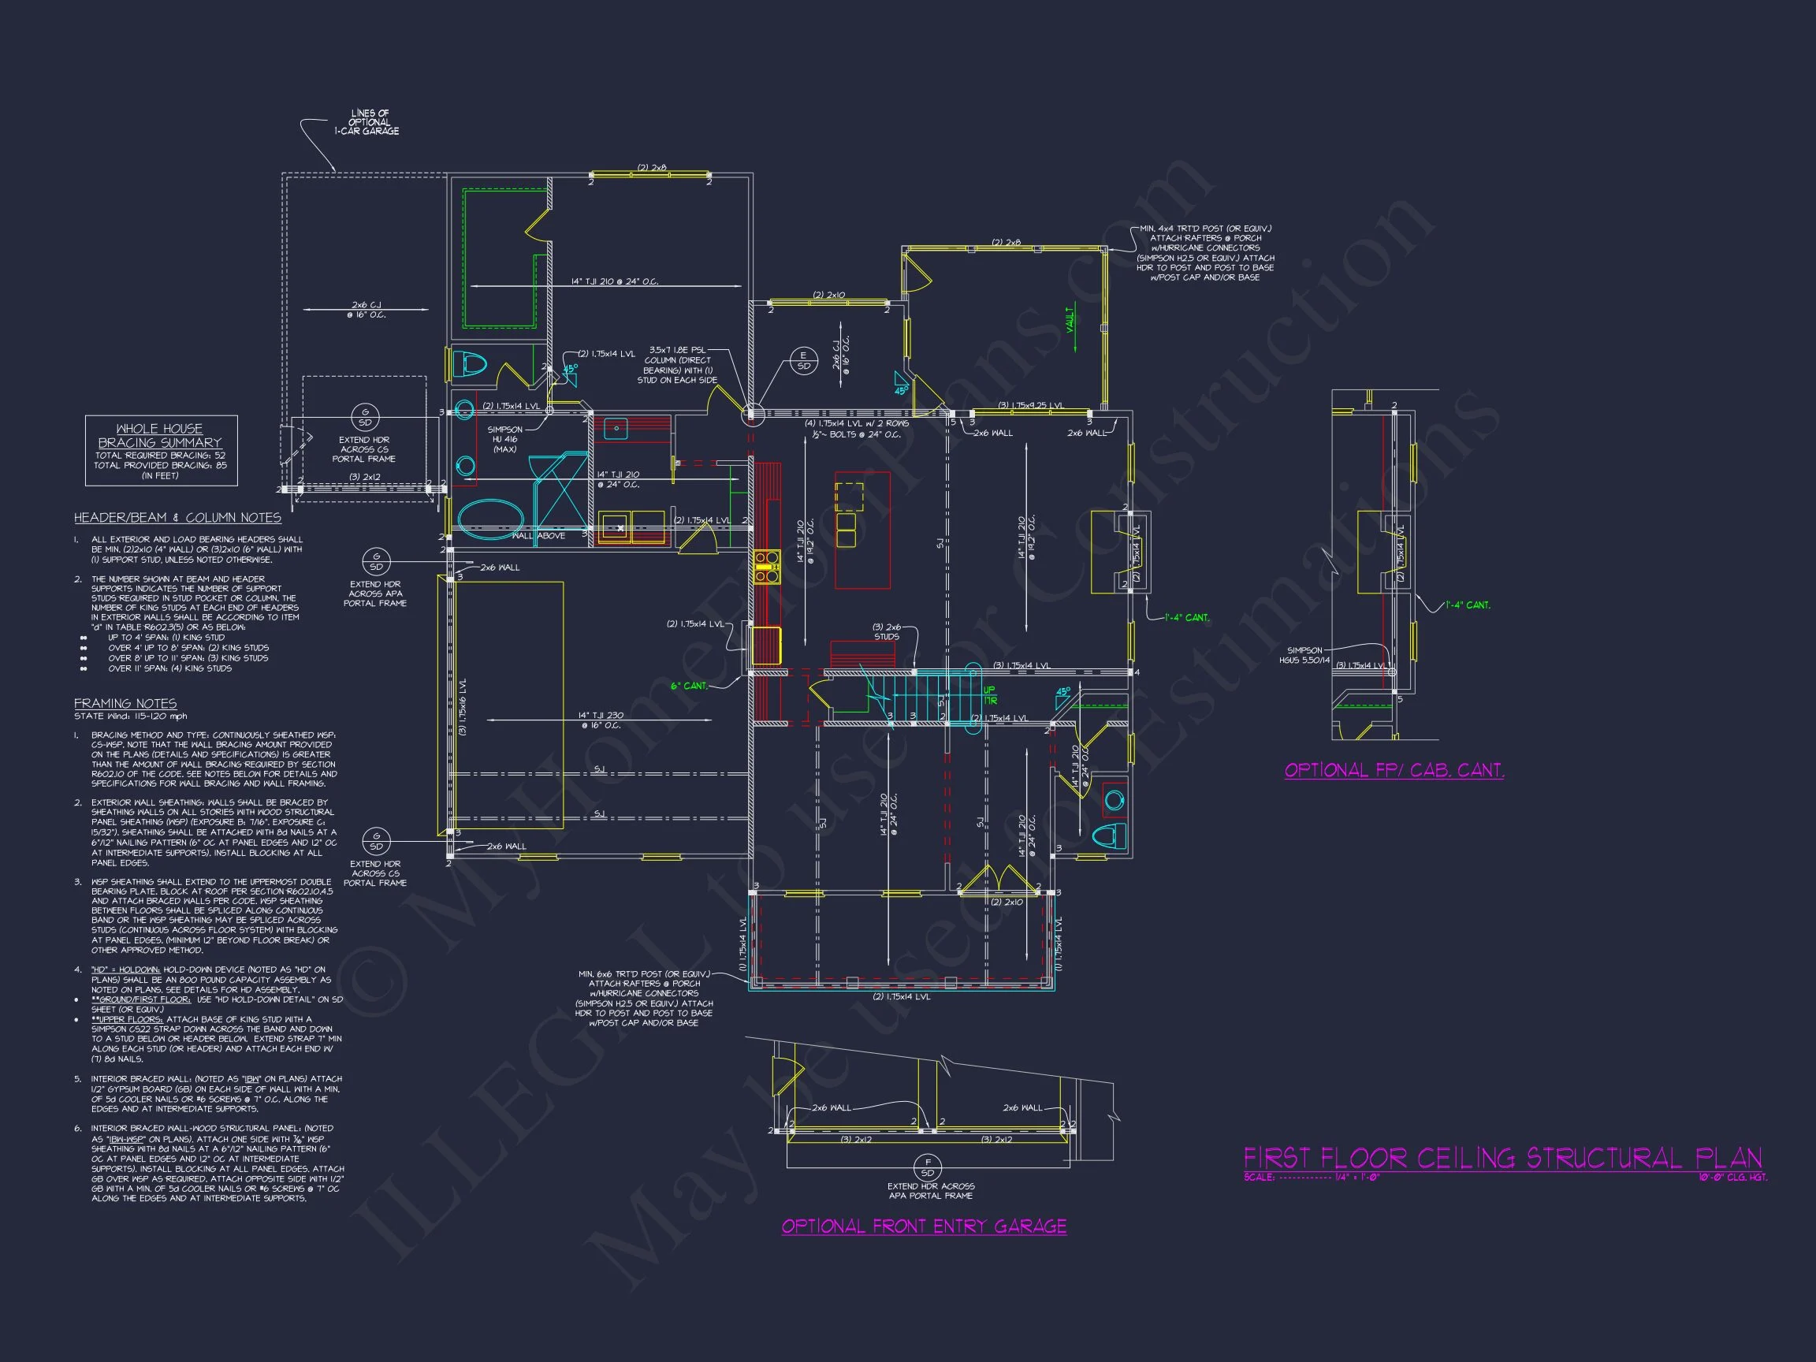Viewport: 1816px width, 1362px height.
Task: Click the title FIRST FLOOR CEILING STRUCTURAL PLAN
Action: click(1502, 1159)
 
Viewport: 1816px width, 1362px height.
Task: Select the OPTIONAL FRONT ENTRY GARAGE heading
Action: click(924, 1226)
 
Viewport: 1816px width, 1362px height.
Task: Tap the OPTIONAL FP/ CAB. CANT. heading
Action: click(1394, 770)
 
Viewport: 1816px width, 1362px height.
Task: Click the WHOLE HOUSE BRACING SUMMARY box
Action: click(161, 451)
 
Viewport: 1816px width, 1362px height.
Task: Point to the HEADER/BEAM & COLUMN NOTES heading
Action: click(177, 518)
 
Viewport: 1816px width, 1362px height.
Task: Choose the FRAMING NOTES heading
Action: click(125, 704)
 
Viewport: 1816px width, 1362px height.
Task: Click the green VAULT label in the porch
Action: click(1070, 319)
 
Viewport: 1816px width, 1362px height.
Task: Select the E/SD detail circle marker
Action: click(804, 360)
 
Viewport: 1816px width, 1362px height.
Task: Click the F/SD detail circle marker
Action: click(928, 1167)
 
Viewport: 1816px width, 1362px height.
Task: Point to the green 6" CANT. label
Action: click(689, 686)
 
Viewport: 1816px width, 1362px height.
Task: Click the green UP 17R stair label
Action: click(989, 694)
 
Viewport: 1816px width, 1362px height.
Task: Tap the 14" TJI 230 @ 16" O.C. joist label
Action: click(599, 720)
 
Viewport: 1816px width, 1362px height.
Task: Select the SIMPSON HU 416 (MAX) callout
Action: click(504, 439)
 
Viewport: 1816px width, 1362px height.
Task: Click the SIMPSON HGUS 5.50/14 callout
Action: click(1304, 655)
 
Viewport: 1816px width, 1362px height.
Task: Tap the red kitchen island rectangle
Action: click(862, 530)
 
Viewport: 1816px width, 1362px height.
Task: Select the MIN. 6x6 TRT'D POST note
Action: click(645, 999)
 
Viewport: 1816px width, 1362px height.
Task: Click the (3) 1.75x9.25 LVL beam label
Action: click(1030, 406)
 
